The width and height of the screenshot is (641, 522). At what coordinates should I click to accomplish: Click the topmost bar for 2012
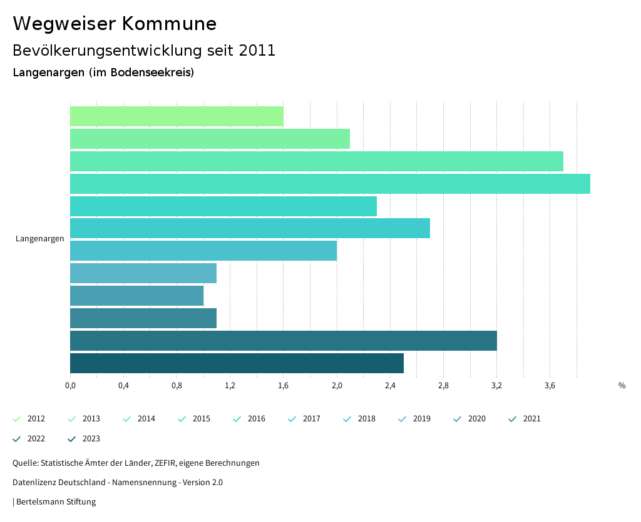click(177, 116)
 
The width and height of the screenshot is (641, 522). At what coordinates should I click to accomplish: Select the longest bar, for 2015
click(330, 184)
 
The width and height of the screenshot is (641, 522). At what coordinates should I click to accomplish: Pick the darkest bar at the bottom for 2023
click(237, 363)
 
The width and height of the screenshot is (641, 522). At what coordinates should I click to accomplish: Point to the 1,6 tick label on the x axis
click(284, 386)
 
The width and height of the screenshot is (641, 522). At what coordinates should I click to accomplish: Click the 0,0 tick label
click(70, 386)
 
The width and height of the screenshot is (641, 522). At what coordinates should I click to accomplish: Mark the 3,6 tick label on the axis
click(550, 386)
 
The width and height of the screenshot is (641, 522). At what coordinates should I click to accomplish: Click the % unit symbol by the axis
click(622, 386)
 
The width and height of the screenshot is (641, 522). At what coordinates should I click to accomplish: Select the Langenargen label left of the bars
click(40, 239)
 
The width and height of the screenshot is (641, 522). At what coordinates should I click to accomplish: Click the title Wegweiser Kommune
click(115, 24)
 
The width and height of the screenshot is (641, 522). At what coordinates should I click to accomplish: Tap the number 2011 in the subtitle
click(257, 51)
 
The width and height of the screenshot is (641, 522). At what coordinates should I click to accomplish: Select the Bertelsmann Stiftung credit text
click(56, 502)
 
